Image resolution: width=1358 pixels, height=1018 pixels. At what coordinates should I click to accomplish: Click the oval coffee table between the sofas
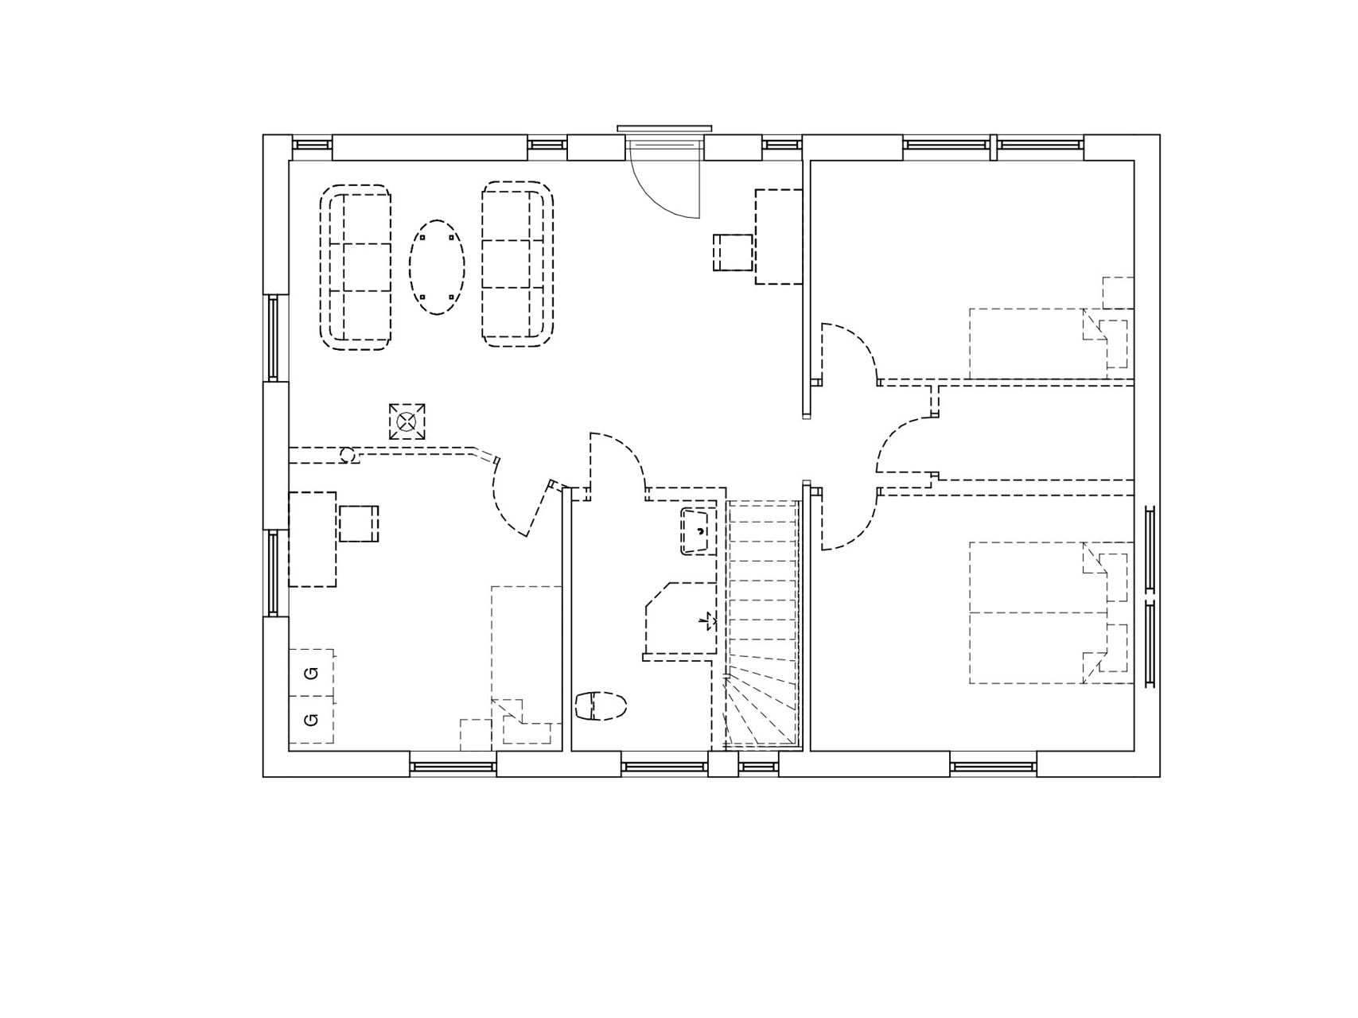coord(438,267)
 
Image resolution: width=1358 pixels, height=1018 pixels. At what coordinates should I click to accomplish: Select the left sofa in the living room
coord(356,267)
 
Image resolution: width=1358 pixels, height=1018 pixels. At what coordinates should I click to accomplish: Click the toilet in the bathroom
coord(601,705)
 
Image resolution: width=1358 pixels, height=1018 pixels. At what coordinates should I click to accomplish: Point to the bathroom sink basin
coord(699,530)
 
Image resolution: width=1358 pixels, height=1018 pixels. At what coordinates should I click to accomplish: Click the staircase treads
coord(762,624)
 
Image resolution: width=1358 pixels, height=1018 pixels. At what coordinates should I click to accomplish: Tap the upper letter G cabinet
coord(312,674)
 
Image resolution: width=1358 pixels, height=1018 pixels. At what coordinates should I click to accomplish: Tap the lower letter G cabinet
coord(312,720)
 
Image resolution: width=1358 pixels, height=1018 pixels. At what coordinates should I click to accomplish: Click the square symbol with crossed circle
coord(407,421)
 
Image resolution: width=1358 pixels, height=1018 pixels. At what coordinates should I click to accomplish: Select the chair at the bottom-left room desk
coord(359,523)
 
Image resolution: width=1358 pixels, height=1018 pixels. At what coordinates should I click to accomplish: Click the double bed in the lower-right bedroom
coord(1050,612)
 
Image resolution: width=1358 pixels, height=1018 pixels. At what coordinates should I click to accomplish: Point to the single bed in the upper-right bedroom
coord(1050,343)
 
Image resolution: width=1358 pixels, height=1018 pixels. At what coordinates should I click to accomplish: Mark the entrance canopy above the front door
coord(664,128)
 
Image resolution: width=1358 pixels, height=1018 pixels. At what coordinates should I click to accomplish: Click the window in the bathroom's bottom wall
coord(664,767)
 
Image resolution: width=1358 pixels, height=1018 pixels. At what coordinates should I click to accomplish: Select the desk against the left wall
coord(312,539)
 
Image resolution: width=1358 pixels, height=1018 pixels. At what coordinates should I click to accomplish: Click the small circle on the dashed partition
coord(348,455)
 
